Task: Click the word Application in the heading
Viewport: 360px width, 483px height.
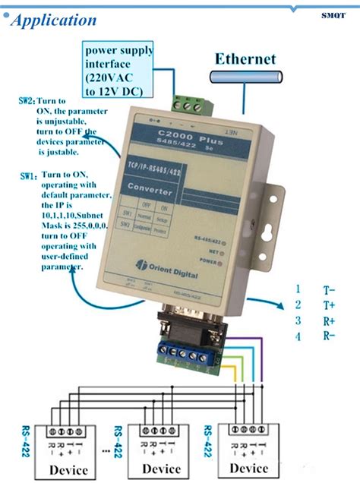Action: (54, 21)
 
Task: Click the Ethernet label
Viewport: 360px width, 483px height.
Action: (245, 58)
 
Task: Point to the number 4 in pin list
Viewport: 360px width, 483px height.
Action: (298, 336)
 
